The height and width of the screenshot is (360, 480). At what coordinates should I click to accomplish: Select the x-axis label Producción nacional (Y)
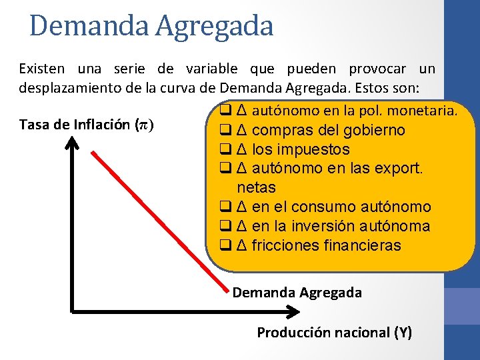coord(335,332)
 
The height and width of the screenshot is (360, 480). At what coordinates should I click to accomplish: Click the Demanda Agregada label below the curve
coord(297,292)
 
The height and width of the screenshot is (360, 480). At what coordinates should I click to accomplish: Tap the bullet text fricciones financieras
coord(326,246)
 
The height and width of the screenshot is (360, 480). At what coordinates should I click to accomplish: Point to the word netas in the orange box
coord(256,187)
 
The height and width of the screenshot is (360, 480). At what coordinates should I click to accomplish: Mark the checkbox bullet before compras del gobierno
coord(225,130)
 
